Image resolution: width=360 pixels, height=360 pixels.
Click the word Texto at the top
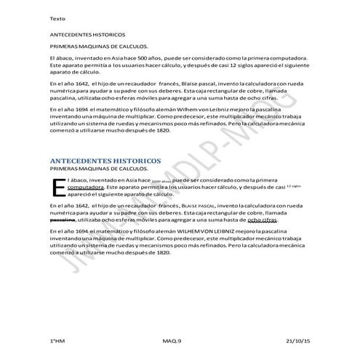[56, 17]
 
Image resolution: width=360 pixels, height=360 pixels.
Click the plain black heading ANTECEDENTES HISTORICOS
[87, 34]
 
